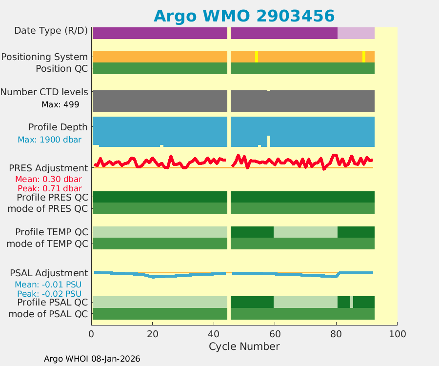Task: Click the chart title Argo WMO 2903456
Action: [x=244, y=16]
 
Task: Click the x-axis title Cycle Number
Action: [x=244, y=346]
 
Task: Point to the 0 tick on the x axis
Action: [x=91, y=334]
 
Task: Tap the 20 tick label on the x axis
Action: [x=152, y=334]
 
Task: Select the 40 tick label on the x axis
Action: [x=214, y=334]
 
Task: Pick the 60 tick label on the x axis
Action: [x=275, y=334]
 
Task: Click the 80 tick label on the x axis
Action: [x=336, y=334]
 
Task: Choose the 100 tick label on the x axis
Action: [x=397, y=334]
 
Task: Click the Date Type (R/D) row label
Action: [x=51, y=31]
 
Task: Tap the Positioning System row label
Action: [x=44, y=57]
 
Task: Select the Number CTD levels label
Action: [x=44, y=92]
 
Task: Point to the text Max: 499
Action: [x=60, y=104]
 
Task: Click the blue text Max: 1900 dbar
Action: [x=49, y=140]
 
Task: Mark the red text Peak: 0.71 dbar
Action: [x=49, y=188]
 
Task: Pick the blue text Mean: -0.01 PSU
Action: [x=48, y=285]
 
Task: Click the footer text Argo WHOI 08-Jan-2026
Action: [x=92, y=359]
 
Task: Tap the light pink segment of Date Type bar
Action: [x=356, y=33]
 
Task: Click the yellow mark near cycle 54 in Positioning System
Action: [x=257, y=56]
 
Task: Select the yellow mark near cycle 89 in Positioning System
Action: [x=364, y=56]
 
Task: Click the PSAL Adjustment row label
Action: [x=49, y=273]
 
